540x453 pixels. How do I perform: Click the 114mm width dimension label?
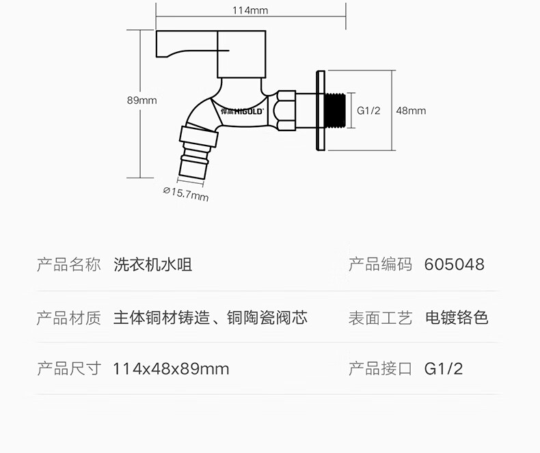click(x=249, y=10)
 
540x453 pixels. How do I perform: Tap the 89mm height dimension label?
click(x=141, y=100)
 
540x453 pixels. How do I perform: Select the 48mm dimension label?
click(x=411, y=111)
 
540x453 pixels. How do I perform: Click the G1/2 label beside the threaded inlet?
click(x=368, y=111)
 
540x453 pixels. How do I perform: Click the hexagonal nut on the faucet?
click(x=284, y=109)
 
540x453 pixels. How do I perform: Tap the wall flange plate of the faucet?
click(x=319, y=111)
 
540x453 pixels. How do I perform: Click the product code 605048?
click(x=454, y=265)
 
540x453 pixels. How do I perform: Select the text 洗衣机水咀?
click(x=152, y=265)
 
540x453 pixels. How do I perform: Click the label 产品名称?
click(x=68, y=265)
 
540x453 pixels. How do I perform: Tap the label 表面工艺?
click(x=380, y=318)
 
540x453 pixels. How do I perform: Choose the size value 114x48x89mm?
click(x=171, y=370)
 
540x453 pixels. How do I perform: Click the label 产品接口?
click(x=380, y=370)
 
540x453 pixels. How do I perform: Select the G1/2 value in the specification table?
click(x=444, y=370)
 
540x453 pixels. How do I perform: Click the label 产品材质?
click(x=68, y=318)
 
